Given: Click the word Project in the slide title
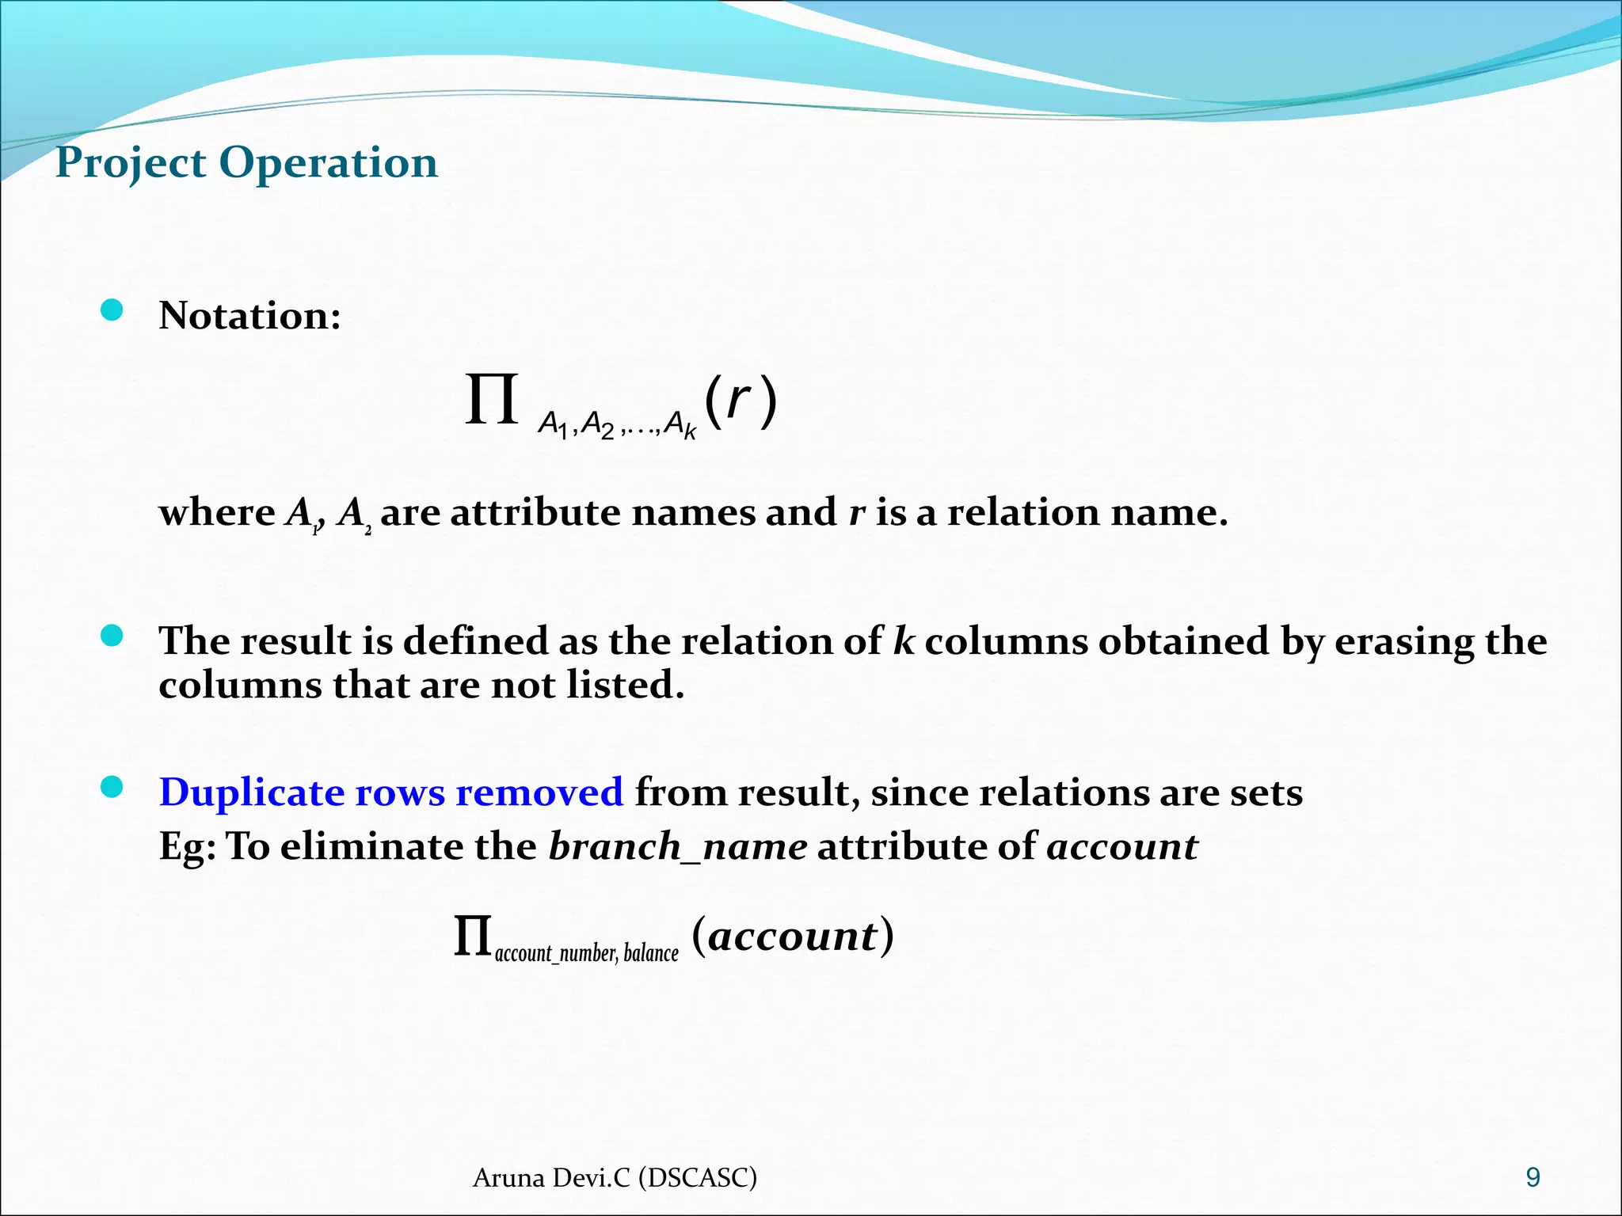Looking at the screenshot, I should click(131, 164).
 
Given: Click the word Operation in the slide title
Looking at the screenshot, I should click(328, 164).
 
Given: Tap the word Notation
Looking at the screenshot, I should click(249, 316).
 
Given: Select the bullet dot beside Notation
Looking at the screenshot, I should click(112, 310).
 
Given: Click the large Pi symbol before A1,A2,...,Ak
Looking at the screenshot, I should click(491, 401).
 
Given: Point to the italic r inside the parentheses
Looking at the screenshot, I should click(738, 400).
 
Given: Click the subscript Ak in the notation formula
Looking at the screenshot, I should click(680, 425).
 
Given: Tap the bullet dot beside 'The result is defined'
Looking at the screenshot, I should click(112, 636).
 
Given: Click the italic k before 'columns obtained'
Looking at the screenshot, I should click(903, 640).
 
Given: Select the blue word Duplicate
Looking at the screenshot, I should click(251, 793).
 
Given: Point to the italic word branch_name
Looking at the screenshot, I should click(678, 847).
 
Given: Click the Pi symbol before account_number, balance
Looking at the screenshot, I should click(472, 937).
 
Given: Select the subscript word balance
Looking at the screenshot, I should click(651, 952).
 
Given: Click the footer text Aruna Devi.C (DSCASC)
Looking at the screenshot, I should click(615, 1178).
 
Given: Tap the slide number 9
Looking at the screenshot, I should click(1533, 1178).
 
